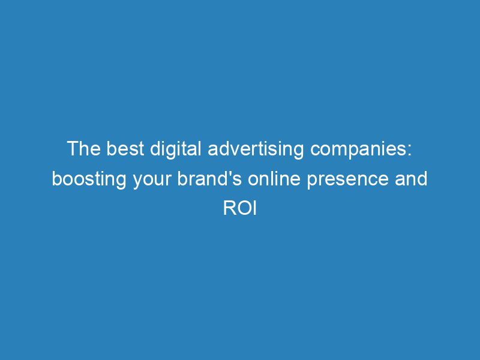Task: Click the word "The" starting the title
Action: [83, 149]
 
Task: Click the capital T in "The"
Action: [73, 149]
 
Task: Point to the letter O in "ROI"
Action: [242, 209]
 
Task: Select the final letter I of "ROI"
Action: [253, 209]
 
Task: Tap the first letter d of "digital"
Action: [152, 149]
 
